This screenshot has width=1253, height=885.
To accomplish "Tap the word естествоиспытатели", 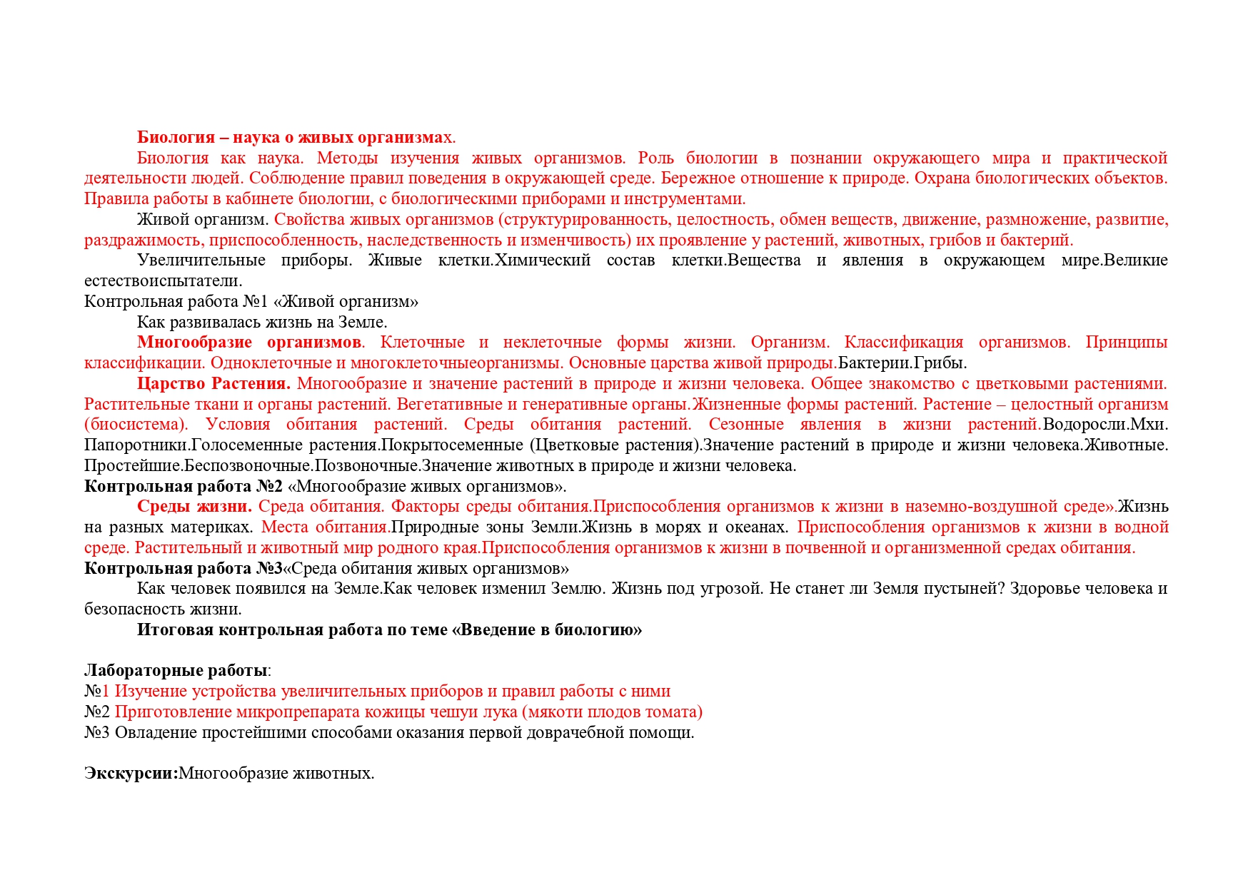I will click(x=163, y=280).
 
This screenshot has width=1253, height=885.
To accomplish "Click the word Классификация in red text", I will click(x=903, y=342).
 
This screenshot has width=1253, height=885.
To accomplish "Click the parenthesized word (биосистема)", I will click(x=136, y=424).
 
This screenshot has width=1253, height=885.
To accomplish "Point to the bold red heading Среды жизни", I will click(x=194, y=506).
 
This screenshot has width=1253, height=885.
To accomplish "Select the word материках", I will click(x=217, y=527).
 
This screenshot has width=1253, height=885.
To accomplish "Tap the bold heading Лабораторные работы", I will click(x=176, y=670).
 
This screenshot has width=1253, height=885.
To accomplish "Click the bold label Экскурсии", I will click(x=130, y=773).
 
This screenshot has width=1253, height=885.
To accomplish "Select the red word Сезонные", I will click(x=746, y=424).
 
